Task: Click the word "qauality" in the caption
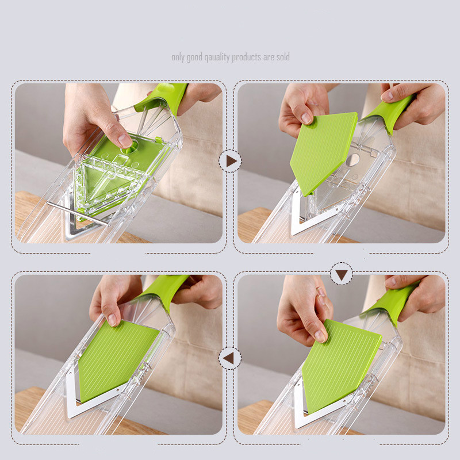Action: [214, 57]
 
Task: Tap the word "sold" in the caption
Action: [282, 57]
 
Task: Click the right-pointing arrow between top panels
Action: [230, 161]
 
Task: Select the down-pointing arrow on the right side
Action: [342, 275]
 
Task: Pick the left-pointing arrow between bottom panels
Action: [230, 358]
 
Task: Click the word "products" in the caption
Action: [247, 57]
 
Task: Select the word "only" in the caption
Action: [178, 57]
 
